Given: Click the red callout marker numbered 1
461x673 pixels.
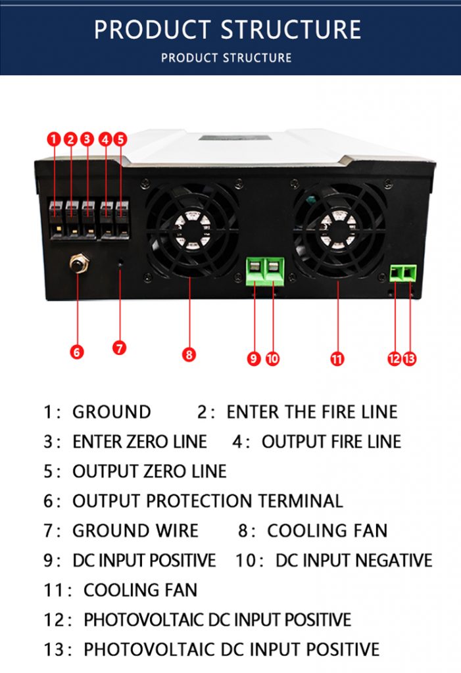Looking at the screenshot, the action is click(54, 139).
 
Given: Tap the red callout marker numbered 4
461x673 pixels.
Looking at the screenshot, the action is click(105, 139).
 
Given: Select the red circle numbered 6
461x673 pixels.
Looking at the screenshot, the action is click(77, 352).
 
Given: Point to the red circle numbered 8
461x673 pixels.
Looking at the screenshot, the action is click(189, 354).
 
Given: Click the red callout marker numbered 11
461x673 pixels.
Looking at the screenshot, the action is click(337, 358).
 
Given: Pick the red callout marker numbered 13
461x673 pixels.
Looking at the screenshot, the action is click(410, 358).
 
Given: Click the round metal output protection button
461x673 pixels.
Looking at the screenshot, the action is click(79, 263).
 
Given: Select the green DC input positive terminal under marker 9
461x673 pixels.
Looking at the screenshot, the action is click(255, 271).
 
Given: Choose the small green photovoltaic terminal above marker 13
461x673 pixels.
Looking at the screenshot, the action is click(410, 273).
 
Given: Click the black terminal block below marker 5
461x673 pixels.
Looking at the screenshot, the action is click(122, 220).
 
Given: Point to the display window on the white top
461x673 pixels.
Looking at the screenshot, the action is click(235, 138).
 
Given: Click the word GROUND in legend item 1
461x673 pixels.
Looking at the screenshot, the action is click(112, 412).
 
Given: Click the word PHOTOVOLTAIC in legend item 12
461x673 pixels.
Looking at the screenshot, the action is click(144, 620).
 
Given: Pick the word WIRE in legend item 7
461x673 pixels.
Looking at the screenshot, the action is click(177, 531).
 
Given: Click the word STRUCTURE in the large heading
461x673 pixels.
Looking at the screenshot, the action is click(291, 30).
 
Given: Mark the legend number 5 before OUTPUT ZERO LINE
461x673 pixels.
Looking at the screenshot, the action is click(48, 471).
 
